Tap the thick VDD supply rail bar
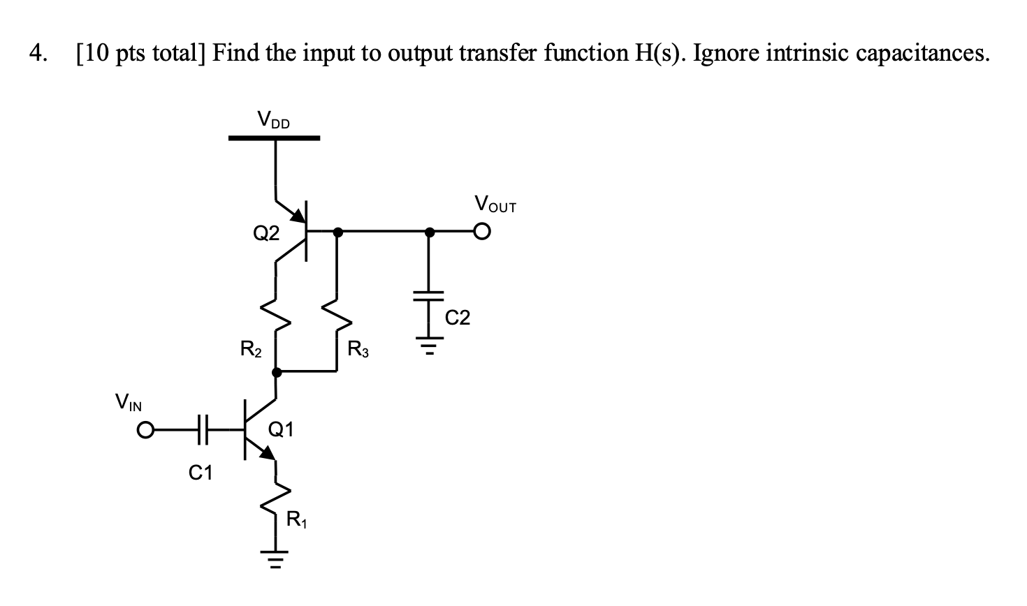click(274, 138)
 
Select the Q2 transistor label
click(265, 233)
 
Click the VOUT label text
click(495, 205)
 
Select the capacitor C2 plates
click(430, 295)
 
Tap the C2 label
click(458, 318)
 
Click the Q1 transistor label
click(281, 429)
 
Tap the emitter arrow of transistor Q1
click(268, 453)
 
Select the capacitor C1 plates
click(203, 430)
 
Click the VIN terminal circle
click(144, 430)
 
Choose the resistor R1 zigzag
click(277, 501)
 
